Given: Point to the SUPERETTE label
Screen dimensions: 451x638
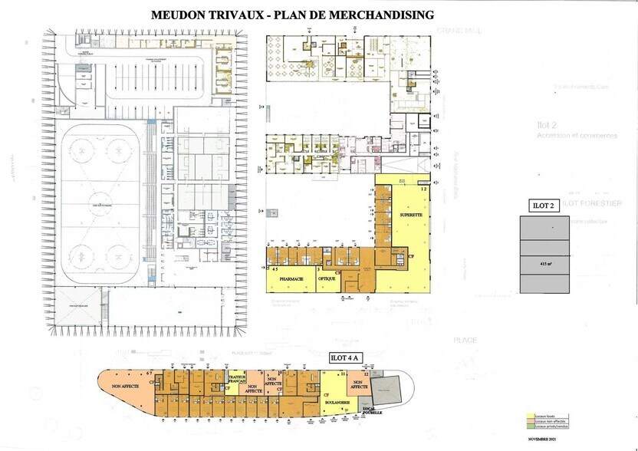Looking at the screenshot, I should click(411, 216).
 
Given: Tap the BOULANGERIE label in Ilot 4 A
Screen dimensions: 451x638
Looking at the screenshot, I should click(337, 402).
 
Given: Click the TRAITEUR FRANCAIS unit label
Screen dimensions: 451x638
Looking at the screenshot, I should click(237, 380).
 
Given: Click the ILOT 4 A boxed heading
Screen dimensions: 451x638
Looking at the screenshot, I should click(344, 357).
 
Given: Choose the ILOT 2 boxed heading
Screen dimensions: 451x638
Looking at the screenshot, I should click(544, 205).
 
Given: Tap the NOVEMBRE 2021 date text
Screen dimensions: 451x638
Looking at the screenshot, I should click(543, 439).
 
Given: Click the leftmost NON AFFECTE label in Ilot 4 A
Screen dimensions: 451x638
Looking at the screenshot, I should click(125, 387).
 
